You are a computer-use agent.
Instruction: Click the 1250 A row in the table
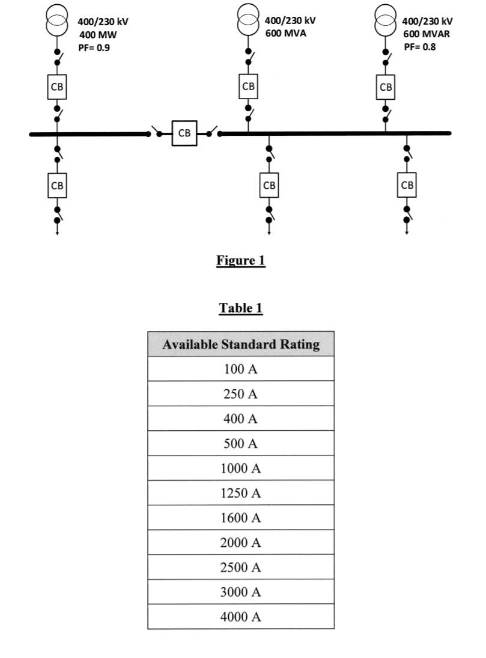(x=240, y=493)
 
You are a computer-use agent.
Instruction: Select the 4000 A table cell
(x=240, y=617)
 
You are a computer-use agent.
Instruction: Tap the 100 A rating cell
(x=240, y=369)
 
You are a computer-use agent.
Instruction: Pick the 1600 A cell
(x=240, y=518)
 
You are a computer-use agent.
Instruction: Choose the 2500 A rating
(x=240, y=567)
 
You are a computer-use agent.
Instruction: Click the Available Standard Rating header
(x=240, y=344)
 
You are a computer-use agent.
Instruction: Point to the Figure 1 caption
(x=240, y=260)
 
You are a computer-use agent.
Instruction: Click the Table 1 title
(x=240, y=308)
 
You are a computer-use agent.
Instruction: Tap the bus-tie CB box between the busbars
(x=184, y=133)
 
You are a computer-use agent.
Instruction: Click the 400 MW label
(x=99, y=35)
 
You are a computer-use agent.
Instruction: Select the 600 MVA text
(x=285, y=32)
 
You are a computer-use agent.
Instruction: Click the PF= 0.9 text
(x=94, y=47)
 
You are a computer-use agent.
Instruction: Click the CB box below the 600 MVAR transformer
(x=386, y=87)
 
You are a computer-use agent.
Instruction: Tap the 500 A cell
(x=240, y=443)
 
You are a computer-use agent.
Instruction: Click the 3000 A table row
(x=240, y=592)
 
